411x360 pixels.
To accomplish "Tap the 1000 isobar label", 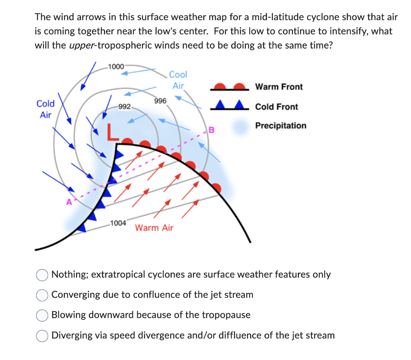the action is [x=116, y=66].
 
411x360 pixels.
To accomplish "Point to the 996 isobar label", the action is [x=160, y=101].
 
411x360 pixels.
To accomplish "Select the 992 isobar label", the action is [x=124, y=107].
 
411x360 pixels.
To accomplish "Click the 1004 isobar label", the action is [x=118, y=223].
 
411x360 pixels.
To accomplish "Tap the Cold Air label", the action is [x=45, y=109].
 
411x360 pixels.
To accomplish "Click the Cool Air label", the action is [x=178, y=80].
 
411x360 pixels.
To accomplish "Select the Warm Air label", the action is [x=154, y=228].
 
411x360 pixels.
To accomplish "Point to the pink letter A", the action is [x=69, y=202].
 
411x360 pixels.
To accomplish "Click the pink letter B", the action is [x=212, y=130].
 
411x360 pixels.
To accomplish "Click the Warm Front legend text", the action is [x=279, y=87].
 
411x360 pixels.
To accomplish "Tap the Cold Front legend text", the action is [x=277, y=107].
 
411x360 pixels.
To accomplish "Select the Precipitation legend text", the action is [x=281, y=126].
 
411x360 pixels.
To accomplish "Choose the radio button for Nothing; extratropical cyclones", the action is [x=42, y=275].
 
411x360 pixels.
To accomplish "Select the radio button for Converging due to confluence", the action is [x=42, y=295].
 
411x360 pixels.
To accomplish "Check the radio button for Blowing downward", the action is [x=42, y=315].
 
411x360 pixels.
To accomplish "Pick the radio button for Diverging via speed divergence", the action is [x=42, y=335].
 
